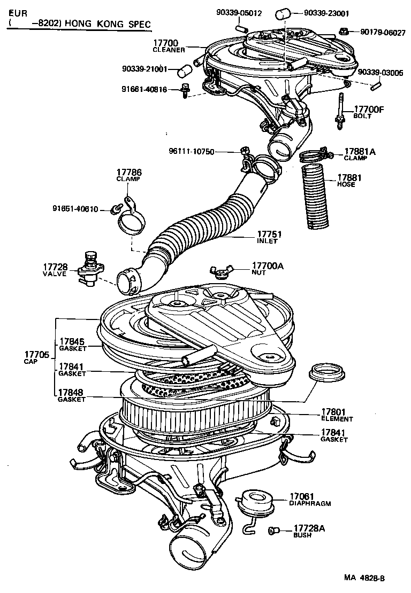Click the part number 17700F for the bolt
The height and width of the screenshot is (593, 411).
point(368,110)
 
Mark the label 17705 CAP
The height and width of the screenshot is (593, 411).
point(36,355)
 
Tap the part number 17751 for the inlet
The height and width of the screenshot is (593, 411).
point(270,234)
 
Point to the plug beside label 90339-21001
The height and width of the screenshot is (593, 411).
point(184,69)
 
